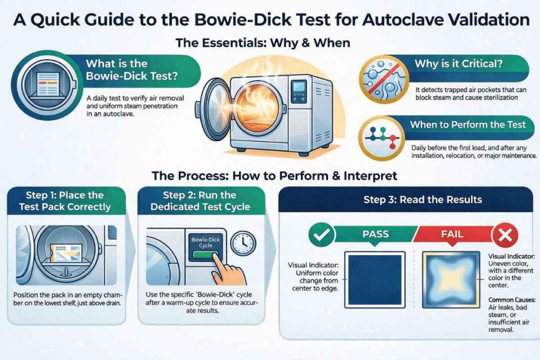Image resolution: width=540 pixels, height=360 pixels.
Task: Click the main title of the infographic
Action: pyautogui.click(x=270, y=20)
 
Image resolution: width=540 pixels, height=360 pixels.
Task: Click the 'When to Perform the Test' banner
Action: pyautogui.click(x=467, y=125)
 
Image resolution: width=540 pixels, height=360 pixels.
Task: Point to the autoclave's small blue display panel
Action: pyautogui.click(x=299, y=88)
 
